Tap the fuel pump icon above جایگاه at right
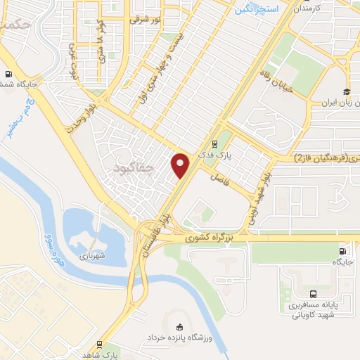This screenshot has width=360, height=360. (342, 251)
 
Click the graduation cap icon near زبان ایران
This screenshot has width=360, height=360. (346, 91)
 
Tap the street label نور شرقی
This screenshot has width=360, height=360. (145, 20)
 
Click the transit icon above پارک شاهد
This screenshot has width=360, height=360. (101, 344)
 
